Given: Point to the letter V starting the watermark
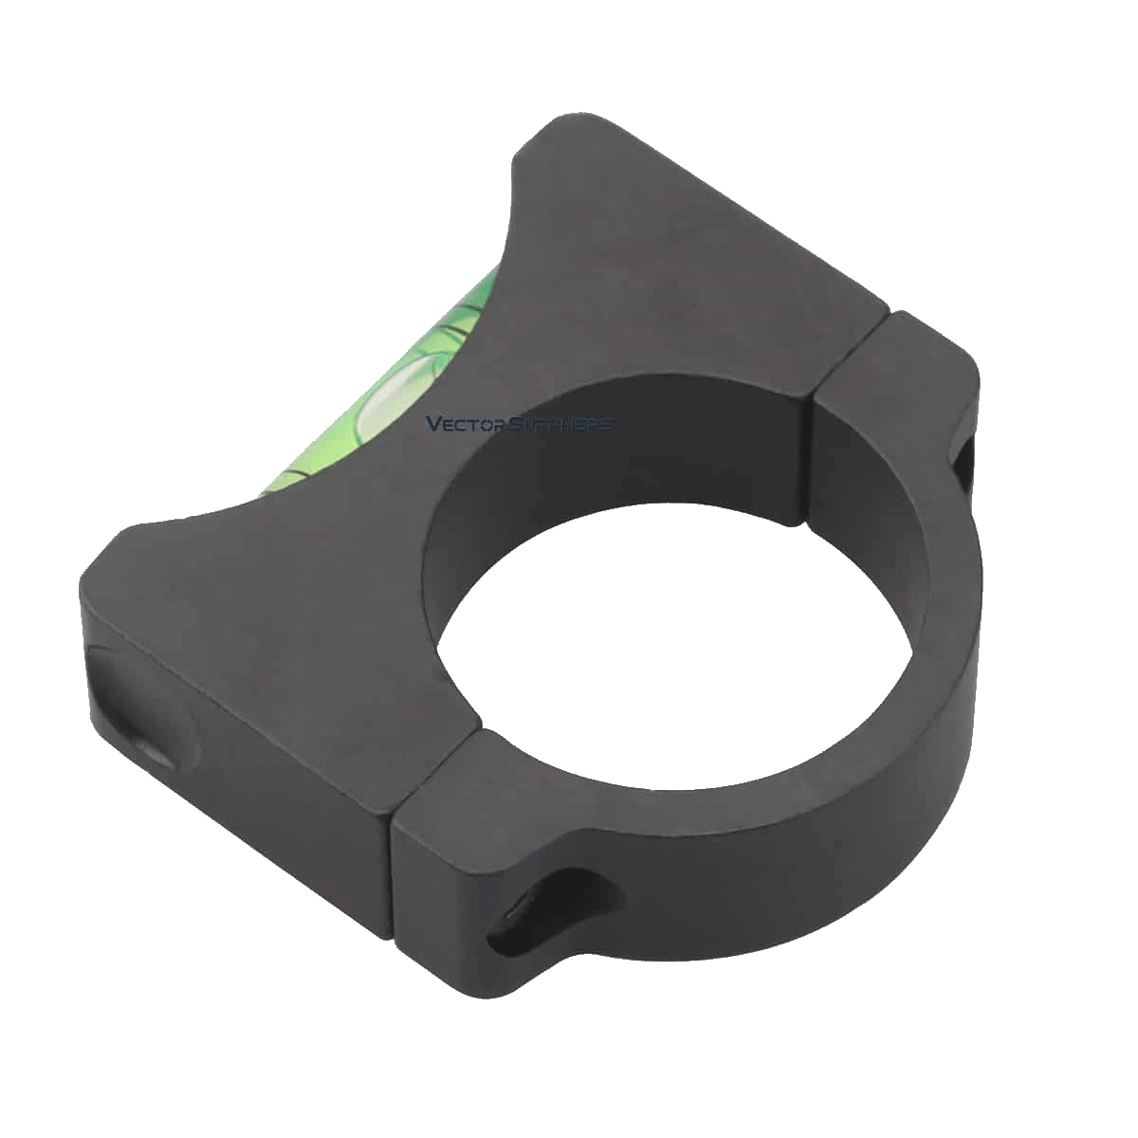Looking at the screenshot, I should tap(433, 423).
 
